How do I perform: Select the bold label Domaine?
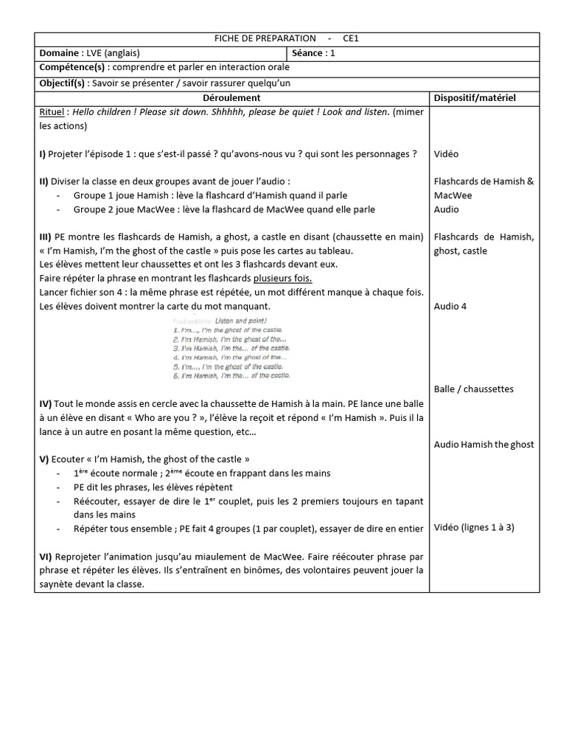pos(59,53)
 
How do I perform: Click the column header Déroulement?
pos(231,97)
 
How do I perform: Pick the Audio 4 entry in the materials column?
pos(450,306)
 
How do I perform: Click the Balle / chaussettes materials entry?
pos(474,389)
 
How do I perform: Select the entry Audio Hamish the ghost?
pos(484,444)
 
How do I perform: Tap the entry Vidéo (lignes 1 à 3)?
pos(475,528)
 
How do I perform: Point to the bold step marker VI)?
pos(45,556)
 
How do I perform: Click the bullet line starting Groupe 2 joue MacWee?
pos(224,209)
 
